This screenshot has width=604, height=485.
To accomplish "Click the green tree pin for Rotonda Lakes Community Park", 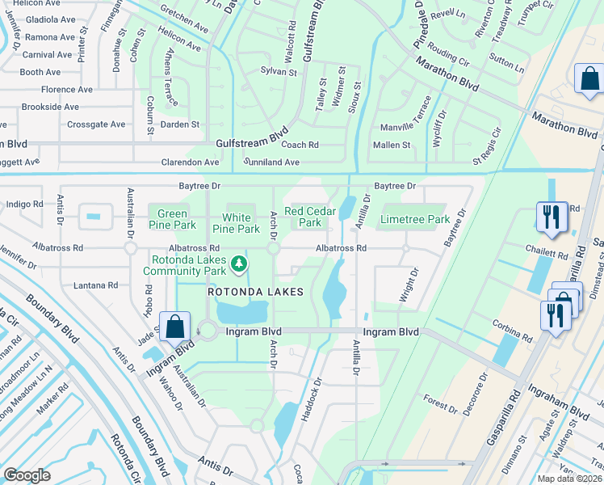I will [x=238, y=264].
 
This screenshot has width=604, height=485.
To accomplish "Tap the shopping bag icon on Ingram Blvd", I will [x=174, y=327].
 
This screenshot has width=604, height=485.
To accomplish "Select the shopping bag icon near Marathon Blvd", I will [x=589, y=79].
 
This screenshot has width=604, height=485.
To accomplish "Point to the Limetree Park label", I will [x=414, y=219].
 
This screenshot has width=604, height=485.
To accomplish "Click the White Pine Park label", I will [x=241, y=223].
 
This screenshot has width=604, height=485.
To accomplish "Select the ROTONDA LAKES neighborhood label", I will [x=254, y=292].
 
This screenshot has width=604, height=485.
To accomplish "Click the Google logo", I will [x=27, y=475].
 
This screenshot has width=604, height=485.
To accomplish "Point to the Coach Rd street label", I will [x=300, y=145].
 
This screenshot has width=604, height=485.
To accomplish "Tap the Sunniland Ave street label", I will [x=271, y=162].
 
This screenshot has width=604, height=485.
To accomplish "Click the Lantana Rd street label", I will [x=96, y=285].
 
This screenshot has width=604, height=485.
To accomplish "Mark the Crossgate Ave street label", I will [x=96, y=124].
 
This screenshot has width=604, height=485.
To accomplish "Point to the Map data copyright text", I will [x=570, y=479].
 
